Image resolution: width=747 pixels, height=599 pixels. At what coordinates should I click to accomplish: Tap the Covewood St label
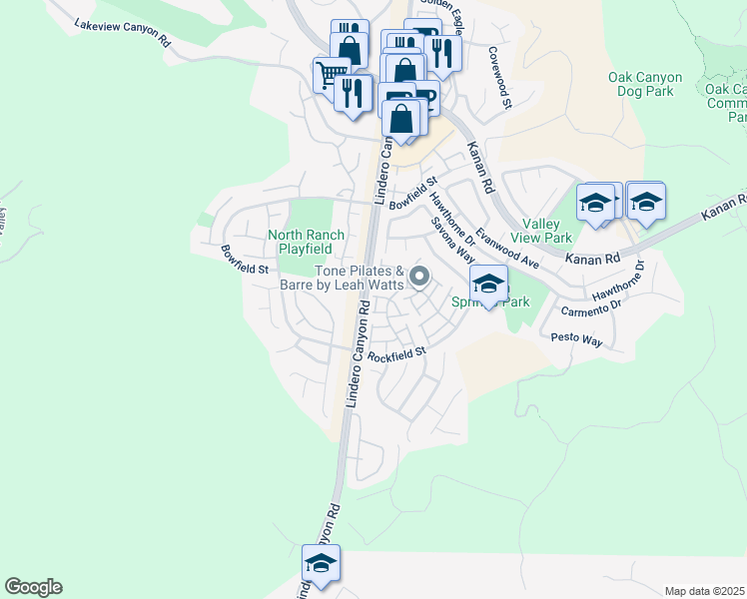click(498, 77)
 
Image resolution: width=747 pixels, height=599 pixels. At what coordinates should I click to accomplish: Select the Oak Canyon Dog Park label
click(645, 84)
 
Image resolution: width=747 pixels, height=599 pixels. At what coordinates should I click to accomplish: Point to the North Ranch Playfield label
click(306, 242)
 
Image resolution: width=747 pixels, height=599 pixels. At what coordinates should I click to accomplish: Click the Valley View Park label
click(546, 231)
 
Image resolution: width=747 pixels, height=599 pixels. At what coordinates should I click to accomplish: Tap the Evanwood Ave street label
click(508, 248)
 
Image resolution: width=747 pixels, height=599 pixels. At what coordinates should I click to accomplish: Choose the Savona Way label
click(452, 242)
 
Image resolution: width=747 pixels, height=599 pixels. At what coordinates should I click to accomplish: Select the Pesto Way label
click(577, 340)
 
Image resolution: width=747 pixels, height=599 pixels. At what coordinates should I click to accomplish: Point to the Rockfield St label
click(396, 353)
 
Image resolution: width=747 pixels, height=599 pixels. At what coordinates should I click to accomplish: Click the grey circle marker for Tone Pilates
click(420, 277)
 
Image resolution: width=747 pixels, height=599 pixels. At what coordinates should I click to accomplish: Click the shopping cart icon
click(331, 73)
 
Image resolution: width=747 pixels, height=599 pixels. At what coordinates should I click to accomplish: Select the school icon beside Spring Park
click(488, 284)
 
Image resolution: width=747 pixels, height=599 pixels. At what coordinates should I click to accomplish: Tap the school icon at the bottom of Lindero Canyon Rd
click(321, 564)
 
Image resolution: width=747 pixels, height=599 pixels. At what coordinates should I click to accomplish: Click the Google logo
click(33, 587)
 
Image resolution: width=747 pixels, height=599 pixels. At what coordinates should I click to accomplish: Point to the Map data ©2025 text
click(704, 591)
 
